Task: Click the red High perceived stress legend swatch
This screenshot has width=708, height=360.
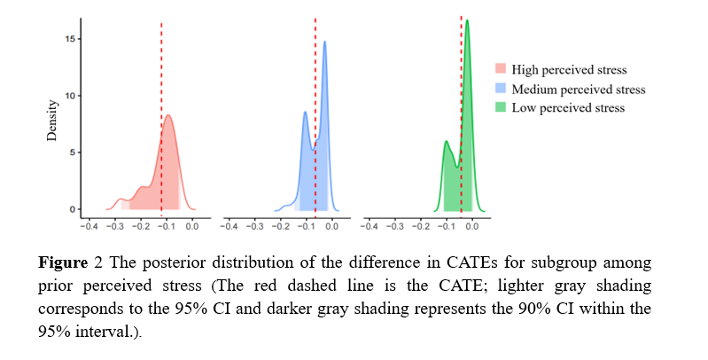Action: (x=501, y=69)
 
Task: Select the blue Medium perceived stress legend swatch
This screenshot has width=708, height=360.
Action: (x=501, y=89)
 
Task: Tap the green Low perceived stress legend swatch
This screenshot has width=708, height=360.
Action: (x=501, y=107)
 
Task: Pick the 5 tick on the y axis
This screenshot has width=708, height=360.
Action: (x=70, y=153)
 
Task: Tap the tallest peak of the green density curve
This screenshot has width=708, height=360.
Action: (x=467, y=20)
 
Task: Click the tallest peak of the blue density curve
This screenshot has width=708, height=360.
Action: (x=325, y=42)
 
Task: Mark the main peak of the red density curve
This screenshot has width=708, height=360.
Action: (x=167, y=115)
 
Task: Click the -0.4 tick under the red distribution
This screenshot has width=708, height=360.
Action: (x=89, y=226)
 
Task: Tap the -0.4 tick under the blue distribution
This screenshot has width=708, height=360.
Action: (x=229, y=226)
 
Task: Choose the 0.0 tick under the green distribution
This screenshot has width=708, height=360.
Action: (x=471, y=226)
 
